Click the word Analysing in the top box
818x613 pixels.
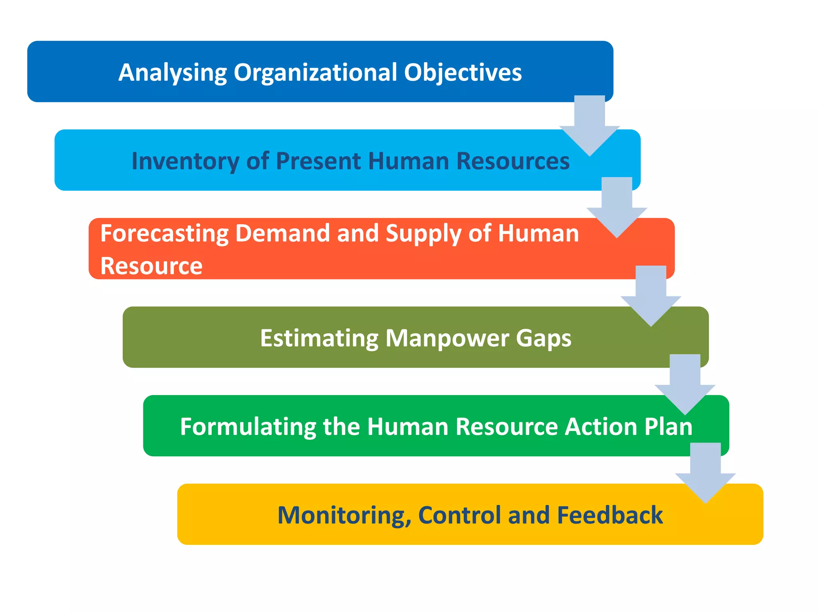(173, 73)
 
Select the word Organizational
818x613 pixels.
(315, 73)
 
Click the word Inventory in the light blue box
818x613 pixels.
(185, 161)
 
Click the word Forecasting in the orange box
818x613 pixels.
(164, 234)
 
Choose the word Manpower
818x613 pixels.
(447, 338)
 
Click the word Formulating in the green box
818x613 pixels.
(248, 427)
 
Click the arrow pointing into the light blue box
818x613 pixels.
(590, 128)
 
